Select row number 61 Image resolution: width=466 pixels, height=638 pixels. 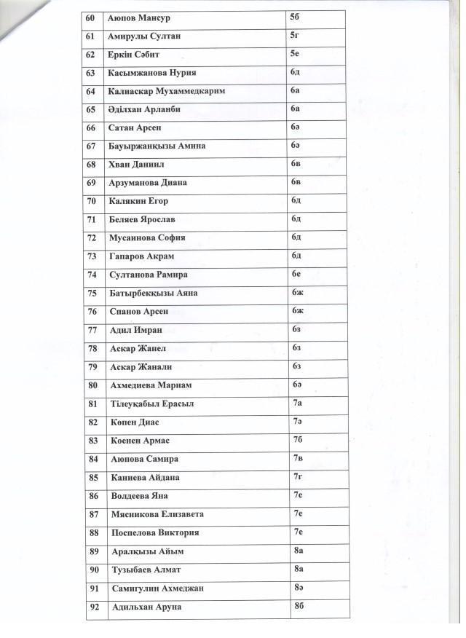(90, 36)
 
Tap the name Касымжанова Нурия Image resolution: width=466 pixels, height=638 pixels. (151, 73)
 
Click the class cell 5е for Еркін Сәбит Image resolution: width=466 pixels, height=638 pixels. (294, 53)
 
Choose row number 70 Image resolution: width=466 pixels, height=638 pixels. (91, 201)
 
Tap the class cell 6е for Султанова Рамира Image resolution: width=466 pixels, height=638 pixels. (296, 274)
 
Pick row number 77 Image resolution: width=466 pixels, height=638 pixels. (91, 330)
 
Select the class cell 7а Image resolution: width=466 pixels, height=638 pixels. (297, 403)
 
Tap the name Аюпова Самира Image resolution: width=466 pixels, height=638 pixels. (143, 460)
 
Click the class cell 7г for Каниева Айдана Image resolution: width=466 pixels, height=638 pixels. (297, 477)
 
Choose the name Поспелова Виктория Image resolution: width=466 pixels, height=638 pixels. (154, 533)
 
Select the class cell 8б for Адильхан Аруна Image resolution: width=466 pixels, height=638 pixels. (299, 606)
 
